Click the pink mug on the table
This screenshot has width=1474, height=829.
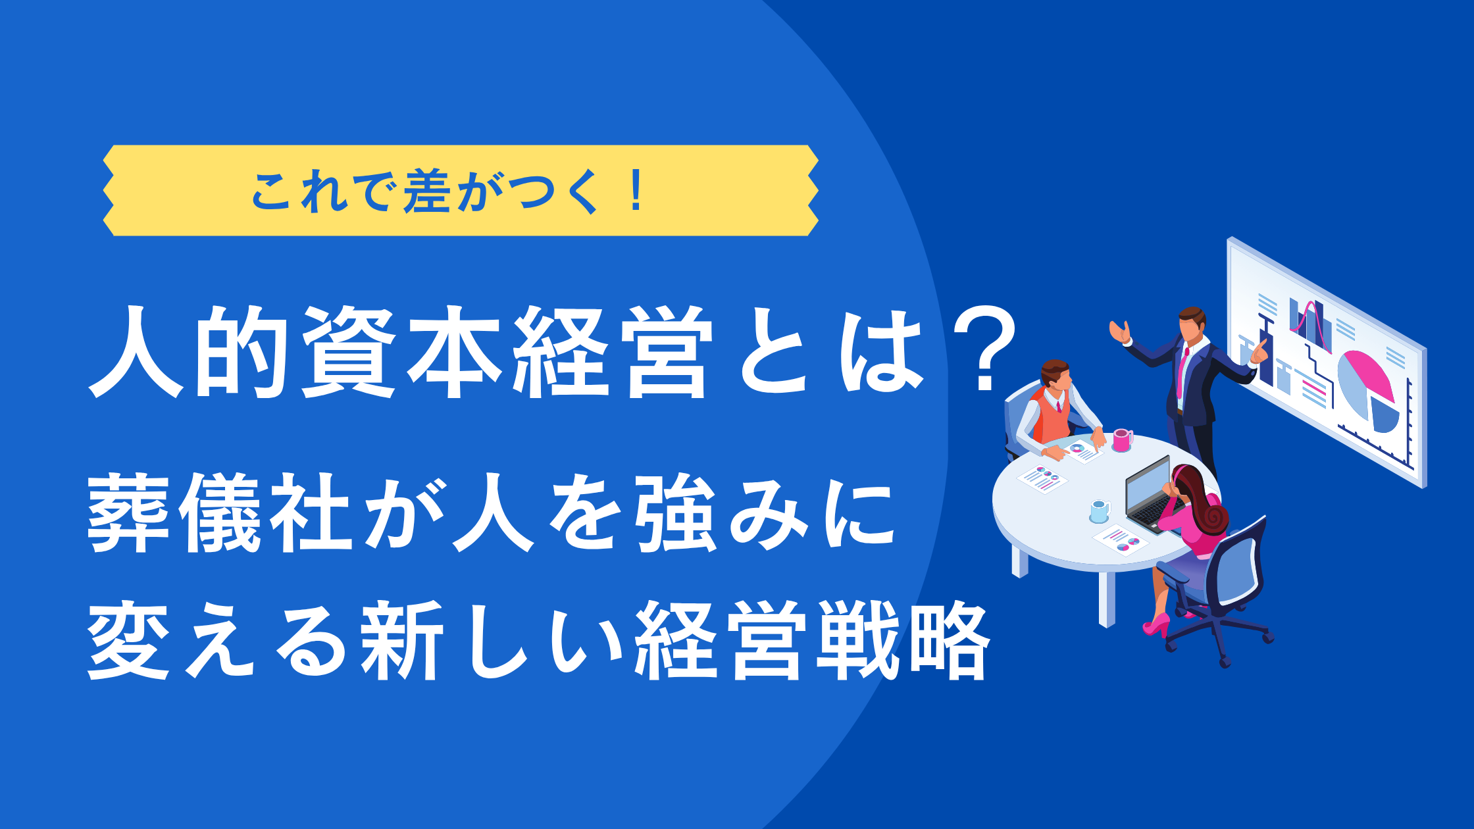pyautogui.click(x=1122, y=440)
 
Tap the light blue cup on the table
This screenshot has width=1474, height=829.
pyautogui.click(x=1100, y=511)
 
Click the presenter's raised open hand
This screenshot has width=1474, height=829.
pyautogui.click(x=1119, y=331)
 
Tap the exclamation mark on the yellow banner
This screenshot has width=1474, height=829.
pyautogui.click(x=636, y=190)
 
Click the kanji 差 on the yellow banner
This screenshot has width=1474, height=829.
pyautogui.click(x=427, y=191)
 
